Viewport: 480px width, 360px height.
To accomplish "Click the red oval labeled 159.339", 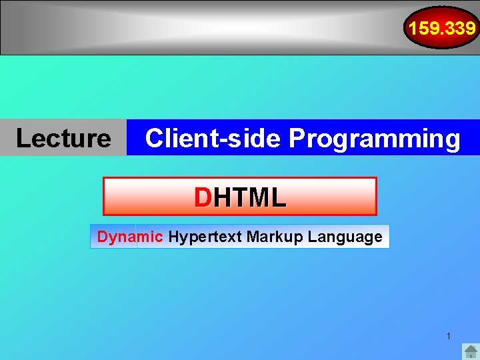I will tap(442, 28).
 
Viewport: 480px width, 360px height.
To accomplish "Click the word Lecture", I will tap(63, 138).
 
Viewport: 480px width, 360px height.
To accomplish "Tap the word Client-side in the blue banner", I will tap(213, 138).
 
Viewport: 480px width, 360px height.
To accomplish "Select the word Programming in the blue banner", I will tap(375, 138).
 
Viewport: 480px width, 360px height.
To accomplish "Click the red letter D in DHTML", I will tap(202, 197).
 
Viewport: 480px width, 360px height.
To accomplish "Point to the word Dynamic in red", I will tap(130, 237).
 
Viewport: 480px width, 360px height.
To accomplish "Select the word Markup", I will tap(269, 237).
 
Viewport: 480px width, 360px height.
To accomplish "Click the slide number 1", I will tap(449, 336).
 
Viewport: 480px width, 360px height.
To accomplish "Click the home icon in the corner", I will tap(471, 351).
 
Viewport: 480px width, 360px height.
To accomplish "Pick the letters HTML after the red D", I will tap(249, 197).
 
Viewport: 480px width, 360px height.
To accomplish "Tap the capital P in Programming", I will tap(297, 138).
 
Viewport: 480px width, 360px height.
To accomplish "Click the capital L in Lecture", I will tap(22, 138).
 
